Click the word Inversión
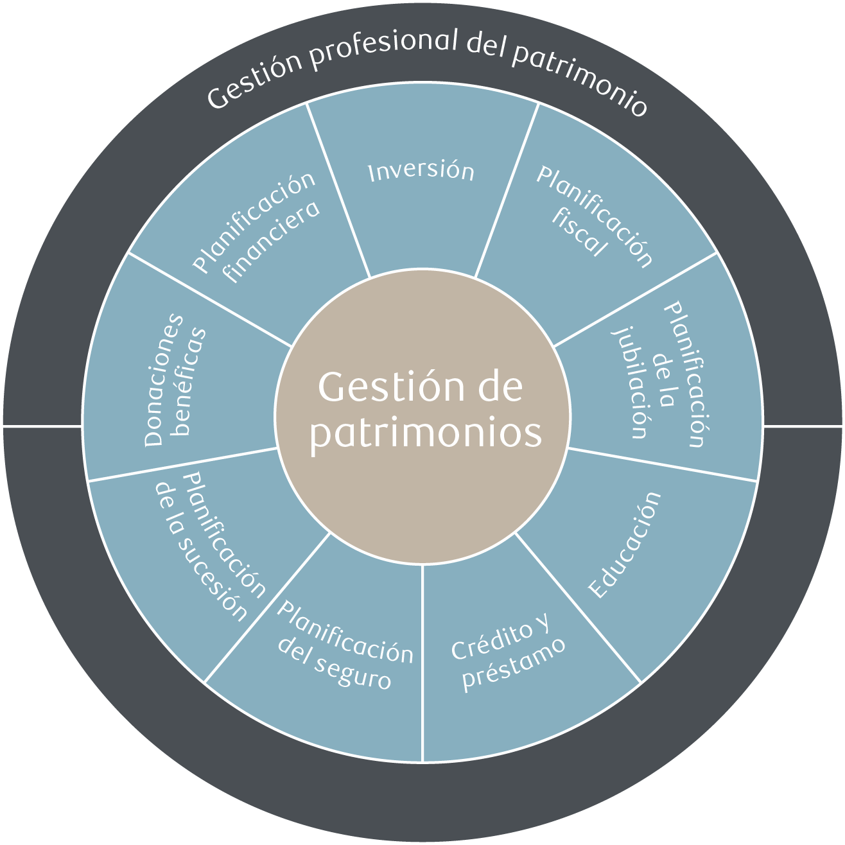[x=421, y=171]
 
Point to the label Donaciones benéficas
[x=175, y=379]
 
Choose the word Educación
[x=624, y=546]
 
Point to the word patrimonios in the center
[x=425, y=433]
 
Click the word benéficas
[x=193, y=382]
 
